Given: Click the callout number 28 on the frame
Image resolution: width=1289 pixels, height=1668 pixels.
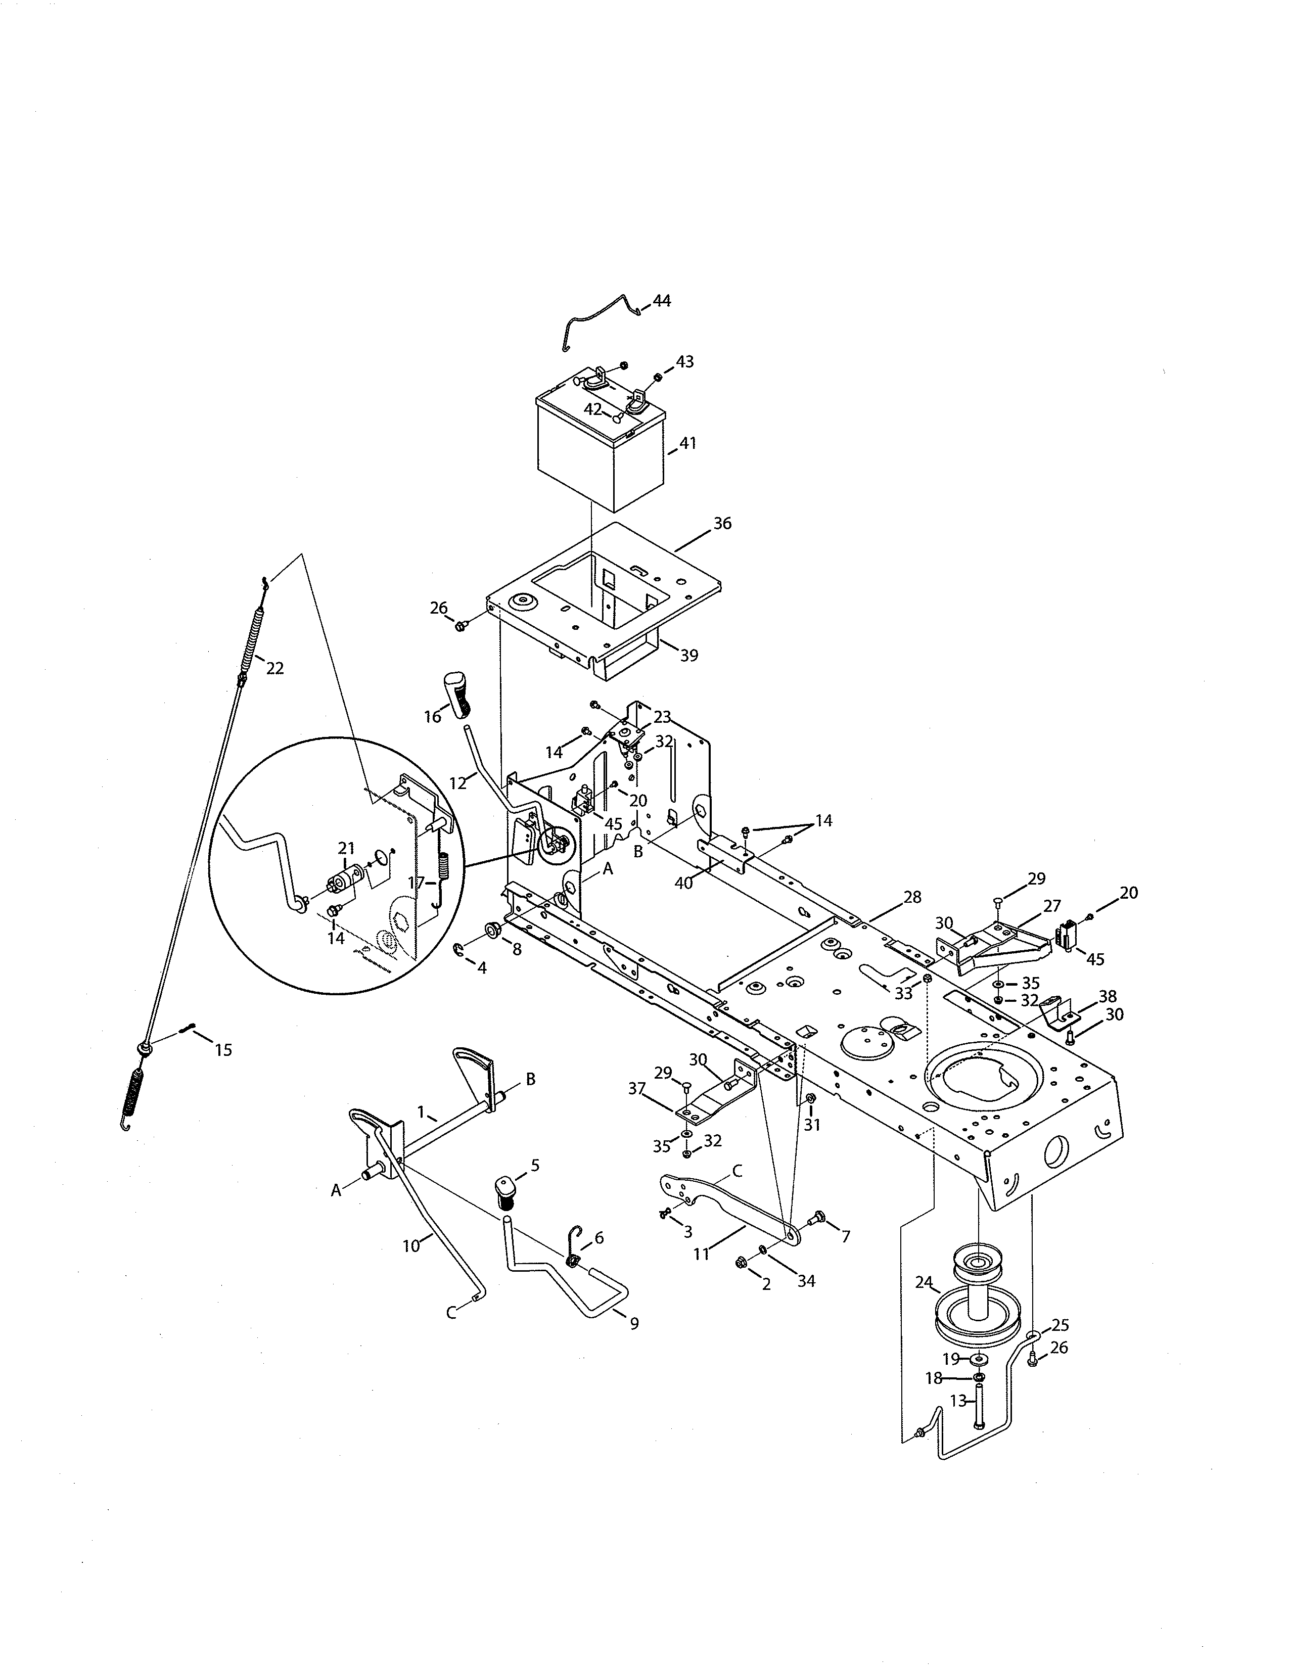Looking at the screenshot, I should point(912,897).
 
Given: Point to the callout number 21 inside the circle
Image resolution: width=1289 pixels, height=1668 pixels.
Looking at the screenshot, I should point(347,848).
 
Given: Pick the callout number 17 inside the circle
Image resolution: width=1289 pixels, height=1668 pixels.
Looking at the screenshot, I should point(416,883).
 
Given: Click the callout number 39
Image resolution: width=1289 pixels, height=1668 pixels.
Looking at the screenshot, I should point(689,655).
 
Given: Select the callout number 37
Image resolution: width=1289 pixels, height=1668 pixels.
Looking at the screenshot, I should point(637,1088).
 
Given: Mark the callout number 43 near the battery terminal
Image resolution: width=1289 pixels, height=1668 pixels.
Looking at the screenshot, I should point(684,361).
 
